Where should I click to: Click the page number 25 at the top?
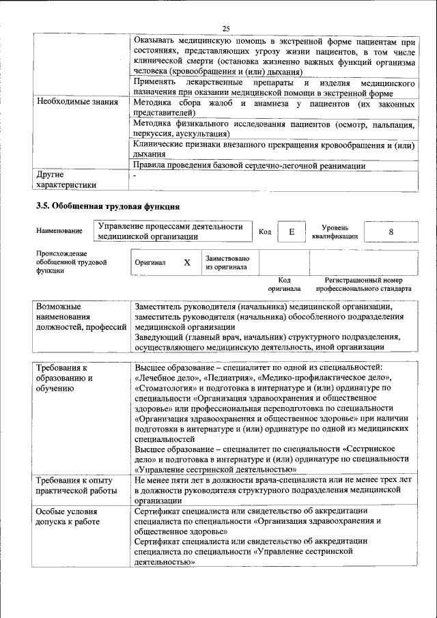pyautogui.click(x=226, y=27)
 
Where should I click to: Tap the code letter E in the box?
pyautogui.click(x=292, y=232)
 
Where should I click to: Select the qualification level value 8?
pyautogui.click(x=391, y=232)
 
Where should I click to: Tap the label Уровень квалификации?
pyautogui.click(x=335, y=232)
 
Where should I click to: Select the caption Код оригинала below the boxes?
pyautogui.click(x=285, y=285)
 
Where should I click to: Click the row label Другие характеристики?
pyautogui.click(x=66, y=180)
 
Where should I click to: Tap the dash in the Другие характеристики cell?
pyautogui.click(x=135, y=175)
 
